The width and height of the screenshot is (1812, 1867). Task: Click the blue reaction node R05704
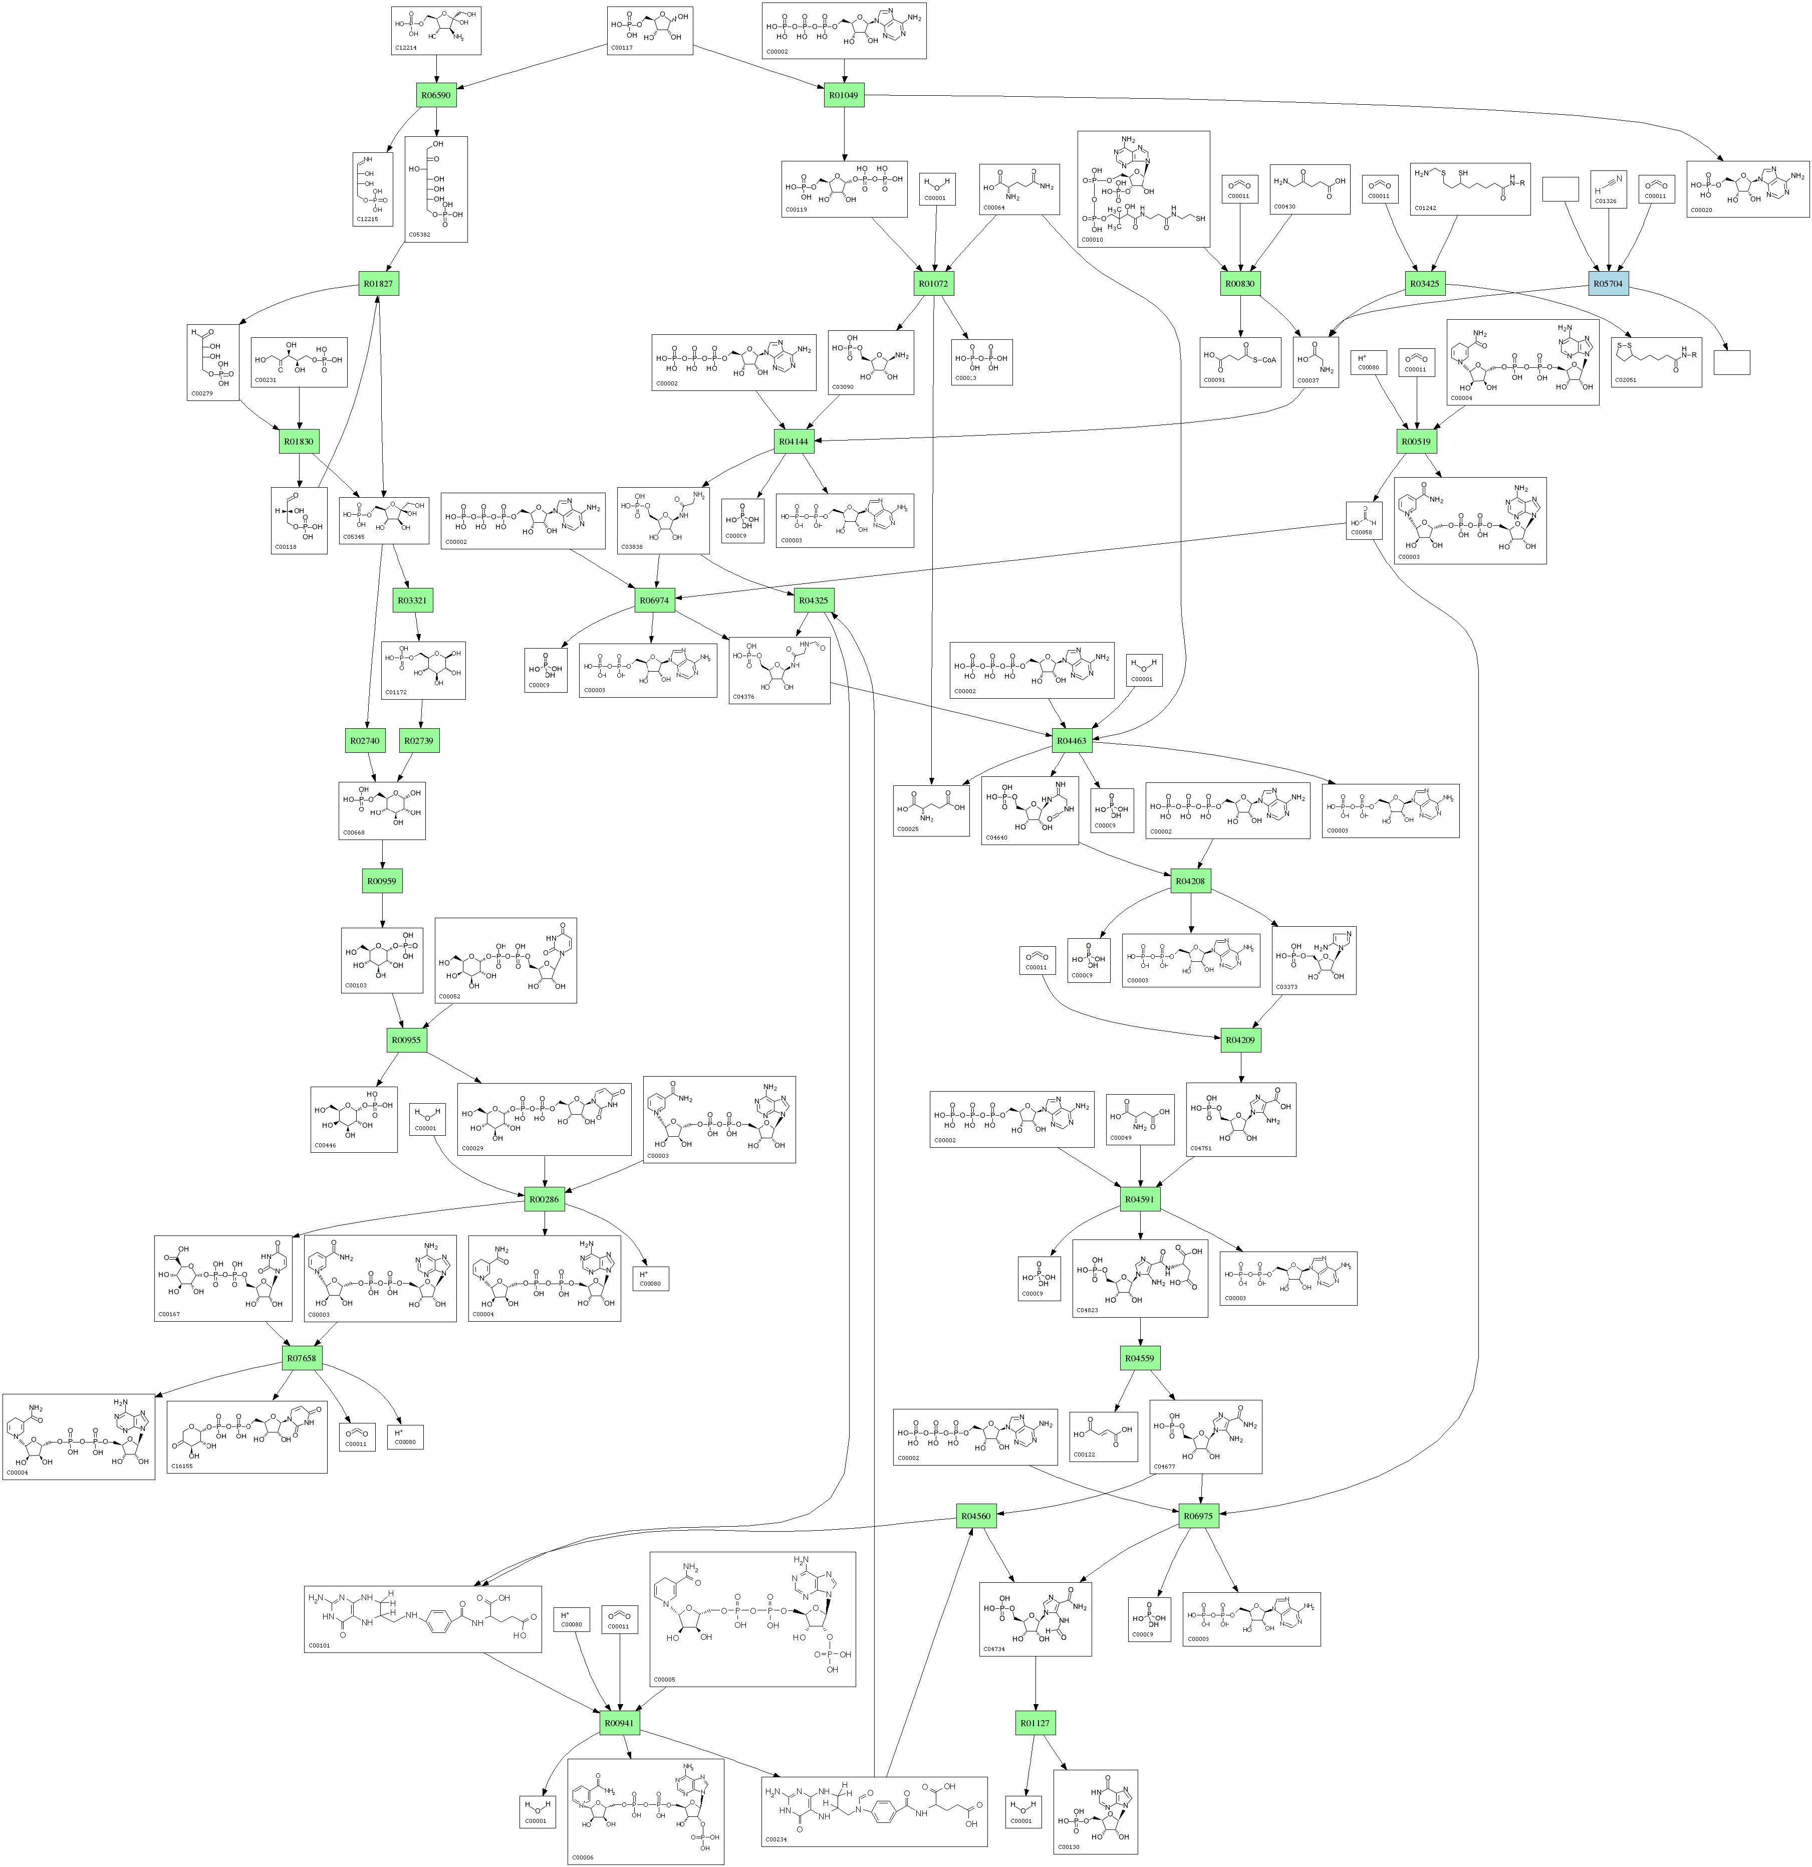pyautogui.click(x=1608, y=284)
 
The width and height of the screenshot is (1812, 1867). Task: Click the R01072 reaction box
pyautogui.click(x=933, y=284)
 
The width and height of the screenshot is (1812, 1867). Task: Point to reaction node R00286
pyautogui.click(x=544, y=1200)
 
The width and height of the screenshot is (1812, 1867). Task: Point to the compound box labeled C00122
pyautogui.click(x=1097, y=1424)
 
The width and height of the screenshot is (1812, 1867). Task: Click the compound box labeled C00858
pyautogui.click(x=1364, y=520)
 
